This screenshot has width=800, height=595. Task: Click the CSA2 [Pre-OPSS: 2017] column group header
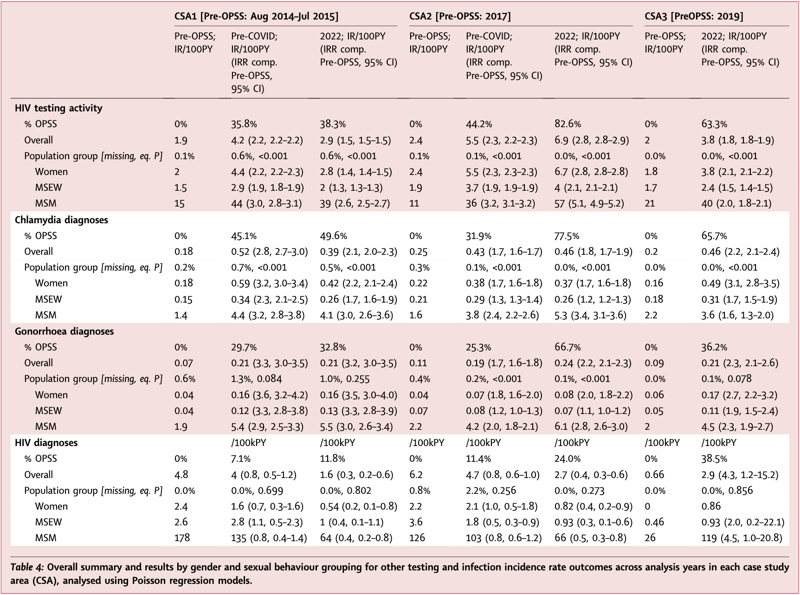[x=459, y=17]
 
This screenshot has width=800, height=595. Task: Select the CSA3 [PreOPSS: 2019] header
[x=693, y=17]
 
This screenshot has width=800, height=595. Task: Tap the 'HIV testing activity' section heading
[x=58, y=108]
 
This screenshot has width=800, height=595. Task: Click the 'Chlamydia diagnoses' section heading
[x=61, y=220]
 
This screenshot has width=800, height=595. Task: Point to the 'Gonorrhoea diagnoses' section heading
[x=64, y=331]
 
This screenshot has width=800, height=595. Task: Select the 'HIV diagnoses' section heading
[x=46, y=443]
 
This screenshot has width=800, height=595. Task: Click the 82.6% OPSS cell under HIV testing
[x=568, y=124]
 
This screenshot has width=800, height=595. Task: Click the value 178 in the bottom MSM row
[x=182, y=538]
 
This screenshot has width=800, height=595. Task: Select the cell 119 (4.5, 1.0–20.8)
[x=741, y=538]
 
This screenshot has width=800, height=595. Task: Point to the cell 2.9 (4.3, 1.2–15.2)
[x=739, y=475]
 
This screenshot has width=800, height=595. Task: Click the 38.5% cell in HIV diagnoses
[x=714, y=459]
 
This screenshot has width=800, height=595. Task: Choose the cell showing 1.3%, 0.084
[x=256, y=379]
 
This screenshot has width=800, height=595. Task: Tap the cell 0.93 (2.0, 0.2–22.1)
[x=742, y=522]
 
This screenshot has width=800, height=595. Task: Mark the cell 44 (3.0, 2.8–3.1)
[x=266, y=203]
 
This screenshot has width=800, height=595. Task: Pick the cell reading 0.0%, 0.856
[x=727, y=491]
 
